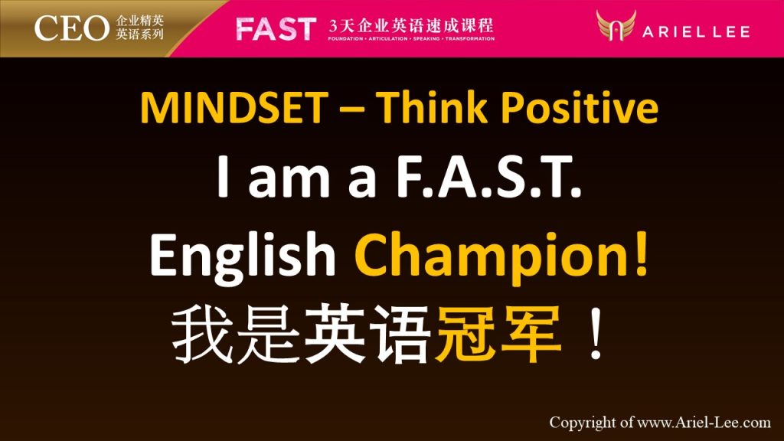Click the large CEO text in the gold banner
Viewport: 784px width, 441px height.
pyautogui.click(x=71, y=28)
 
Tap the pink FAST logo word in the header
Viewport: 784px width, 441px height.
pyautogui.click(x=276, y=29)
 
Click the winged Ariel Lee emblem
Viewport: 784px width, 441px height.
pyautogui.click(x=616, y=25)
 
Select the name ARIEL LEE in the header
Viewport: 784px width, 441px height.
pyautogui.click(x=696, y=32)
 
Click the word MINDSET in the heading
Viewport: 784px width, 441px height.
pyautogui.click(x=234, y=107)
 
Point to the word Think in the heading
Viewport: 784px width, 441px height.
pyautogui.click(x=432, y=106)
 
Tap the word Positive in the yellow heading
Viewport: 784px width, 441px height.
pyautogui.click(x=580, y=106)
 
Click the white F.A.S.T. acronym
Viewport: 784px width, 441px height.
pyautogui.click(x=488, y=176)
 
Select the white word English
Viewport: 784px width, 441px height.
pyautogui.click(x=243, y=255)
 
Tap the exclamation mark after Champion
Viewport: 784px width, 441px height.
pyautogui.click(x=641, y=253)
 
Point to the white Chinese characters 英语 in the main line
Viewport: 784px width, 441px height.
pyautogui.click(x=367, y=334)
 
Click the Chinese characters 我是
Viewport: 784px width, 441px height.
pyautogui.click(x=236, y=334)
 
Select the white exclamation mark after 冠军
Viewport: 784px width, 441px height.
pyautogui.click(x=595, y=332)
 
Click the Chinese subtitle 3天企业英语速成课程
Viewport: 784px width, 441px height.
pyautogui.click(x=411, y=25)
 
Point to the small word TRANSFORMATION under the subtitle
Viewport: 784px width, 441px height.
pyautogui.click(x=470, y=38)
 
